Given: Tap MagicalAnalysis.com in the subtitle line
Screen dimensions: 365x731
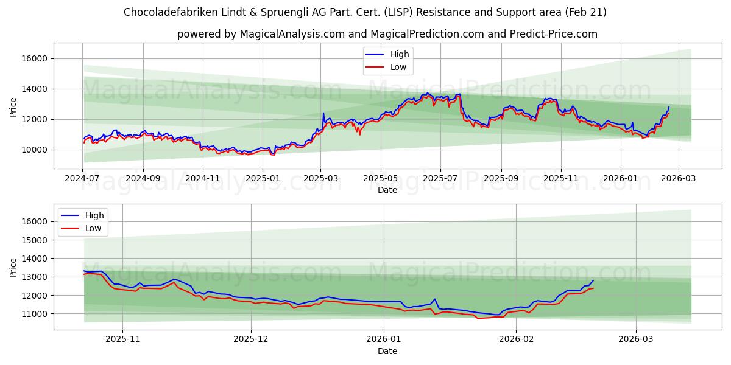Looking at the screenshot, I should pos(283,34).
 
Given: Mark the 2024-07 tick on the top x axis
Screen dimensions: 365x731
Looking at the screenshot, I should pos(83,179).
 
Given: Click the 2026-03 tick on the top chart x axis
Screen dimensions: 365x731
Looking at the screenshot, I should pos(679,179).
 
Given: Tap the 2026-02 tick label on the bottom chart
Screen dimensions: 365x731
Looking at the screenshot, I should pos(516,340).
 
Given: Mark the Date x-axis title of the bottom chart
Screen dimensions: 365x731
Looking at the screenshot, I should pos(387,351).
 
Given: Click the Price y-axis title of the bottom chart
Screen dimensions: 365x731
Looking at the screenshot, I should pos(13,267).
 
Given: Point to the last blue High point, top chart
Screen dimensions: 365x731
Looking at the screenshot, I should pos(668,107).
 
